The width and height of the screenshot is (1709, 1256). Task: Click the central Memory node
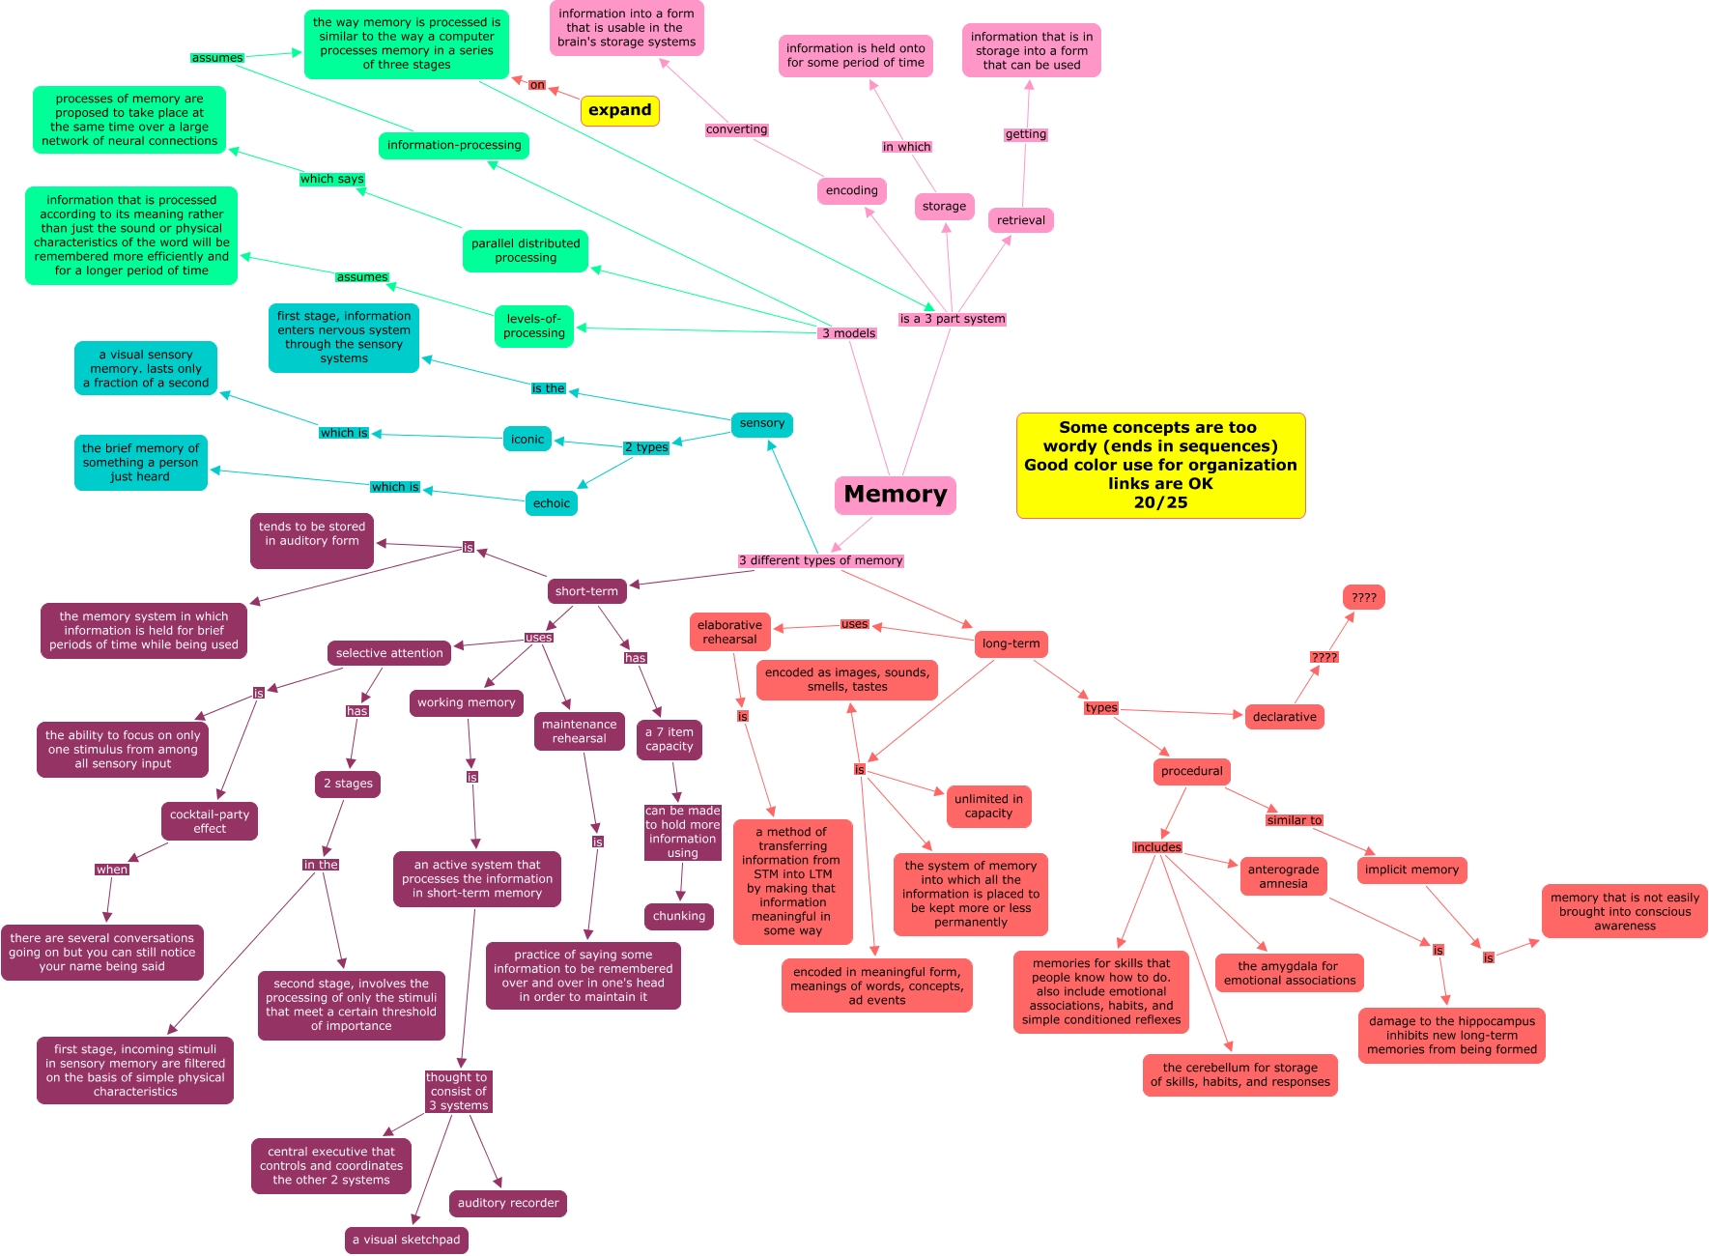coord(895,495)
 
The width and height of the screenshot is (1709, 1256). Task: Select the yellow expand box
coord(619,110)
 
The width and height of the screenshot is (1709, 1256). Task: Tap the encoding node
coord(851,191)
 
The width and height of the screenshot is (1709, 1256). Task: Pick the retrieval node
coord(1020,220)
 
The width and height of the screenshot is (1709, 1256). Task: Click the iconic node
coord(527,440)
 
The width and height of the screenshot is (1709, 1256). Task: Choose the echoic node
coord(551,503)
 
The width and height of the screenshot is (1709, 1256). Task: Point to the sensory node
coord(761,424)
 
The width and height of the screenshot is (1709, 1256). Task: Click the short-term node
coord(585,591)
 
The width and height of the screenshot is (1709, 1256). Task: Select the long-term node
coord(1011,643)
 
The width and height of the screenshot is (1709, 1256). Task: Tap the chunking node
coord(678,916)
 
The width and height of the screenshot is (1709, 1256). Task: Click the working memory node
coord(466,703)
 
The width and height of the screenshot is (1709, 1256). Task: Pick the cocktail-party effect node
coord(209,821)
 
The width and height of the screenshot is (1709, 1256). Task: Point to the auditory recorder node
coord(507,1203)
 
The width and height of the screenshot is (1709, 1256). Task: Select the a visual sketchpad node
coord(406,1240)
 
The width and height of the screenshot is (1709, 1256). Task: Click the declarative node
coord(1284,717)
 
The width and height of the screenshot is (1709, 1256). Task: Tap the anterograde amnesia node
coord(1283,876)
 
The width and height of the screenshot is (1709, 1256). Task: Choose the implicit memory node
coord(1411,870)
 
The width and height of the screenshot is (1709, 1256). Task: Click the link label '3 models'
coord(848,333)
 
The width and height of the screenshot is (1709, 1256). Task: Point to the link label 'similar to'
coord(1294,820)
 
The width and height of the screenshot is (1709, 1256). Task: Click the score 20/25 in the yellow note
coord(1160,502)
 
